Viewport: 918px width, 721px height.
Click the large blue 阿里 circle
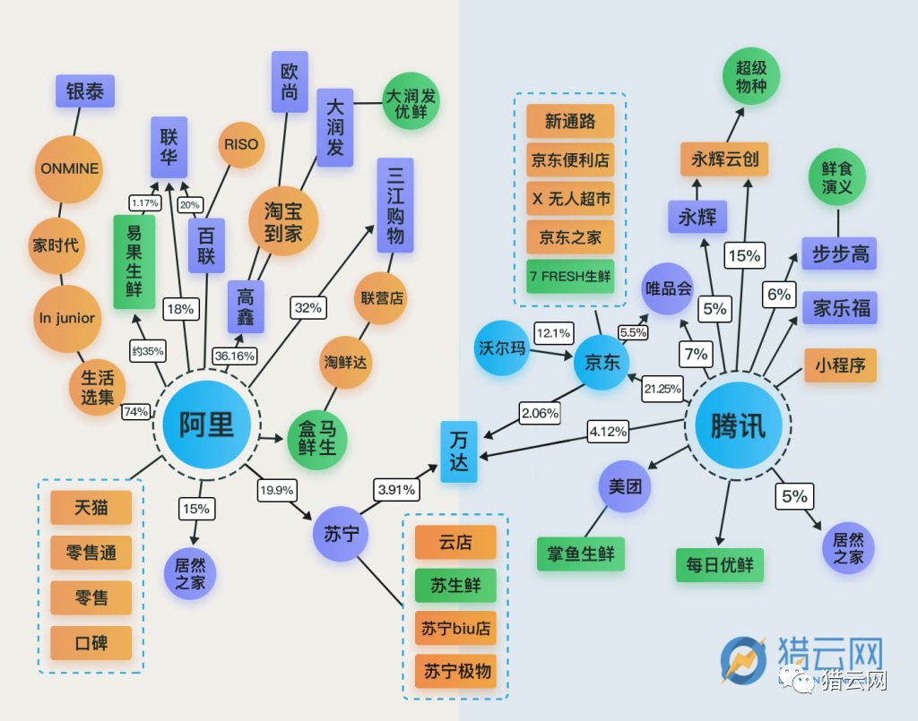206,425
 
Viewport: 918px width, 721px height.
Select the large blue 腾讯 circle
739,425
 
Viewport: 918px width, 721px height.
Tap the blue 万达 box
458,451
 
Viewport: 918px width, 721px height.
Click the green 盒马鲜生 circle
316,440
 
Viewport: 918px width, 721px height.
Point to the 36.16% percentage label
235,356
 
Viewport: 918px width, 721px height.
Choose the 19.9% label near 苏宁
276,490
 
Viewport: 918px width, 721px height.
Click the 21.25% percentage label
663,389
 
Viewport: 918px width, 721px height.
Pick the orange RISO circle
241,144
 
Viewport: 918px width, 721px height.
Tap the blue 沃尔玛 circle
502,348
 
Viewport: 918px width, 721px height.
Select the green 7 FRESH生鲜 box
570,276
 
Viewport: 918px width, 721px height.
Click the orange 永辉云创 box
724,159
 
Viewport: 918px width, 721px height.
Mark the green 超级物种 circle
751,77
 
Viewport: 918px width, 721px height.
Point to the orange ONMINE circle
69,169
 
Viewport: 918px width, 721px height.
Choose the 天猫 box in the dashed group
91,507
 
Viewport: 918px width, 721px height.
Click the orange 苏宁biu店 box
455,628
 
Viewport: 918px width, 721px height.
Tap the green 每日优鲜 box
720,565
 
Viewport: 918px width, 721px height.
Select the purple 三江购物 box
395,205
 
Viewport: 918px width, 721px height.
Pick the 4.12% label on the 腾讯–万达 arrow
609,432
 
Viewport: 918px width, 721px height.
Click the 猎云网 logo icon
743,661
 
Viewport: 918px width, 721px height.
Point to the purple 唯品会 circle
667,288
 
